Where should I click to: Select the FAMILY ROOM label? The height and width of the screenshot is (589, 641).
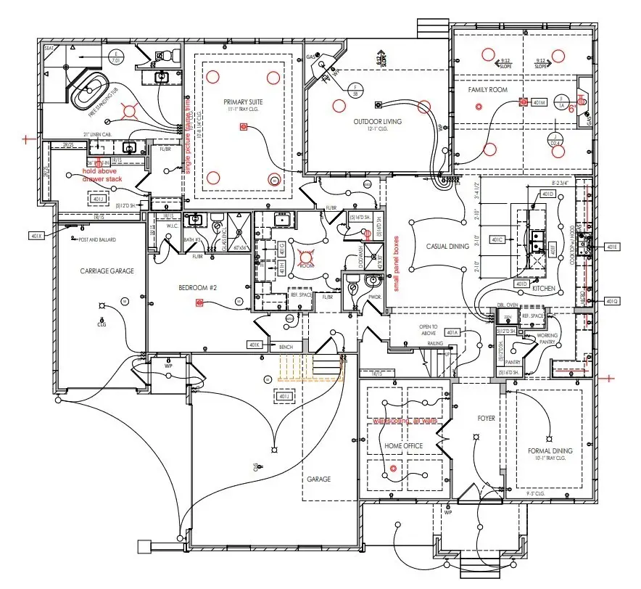point(487,90)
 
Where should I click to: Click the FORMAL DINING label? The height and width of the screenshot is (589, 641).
point(550,451)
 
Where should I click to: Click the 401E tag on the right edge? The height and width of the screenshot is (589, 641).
point(611,247)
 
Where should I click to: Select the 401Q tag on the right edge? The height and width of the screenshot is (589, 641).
point(611,300)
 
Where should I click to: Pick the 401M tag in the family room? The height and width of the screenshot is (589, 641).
point(538,103)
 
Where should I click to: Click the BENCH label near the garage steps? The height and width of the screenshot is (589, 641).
point(286,348)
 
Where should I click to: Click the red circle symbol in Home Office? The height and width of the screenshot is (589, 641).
point(394,469)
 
